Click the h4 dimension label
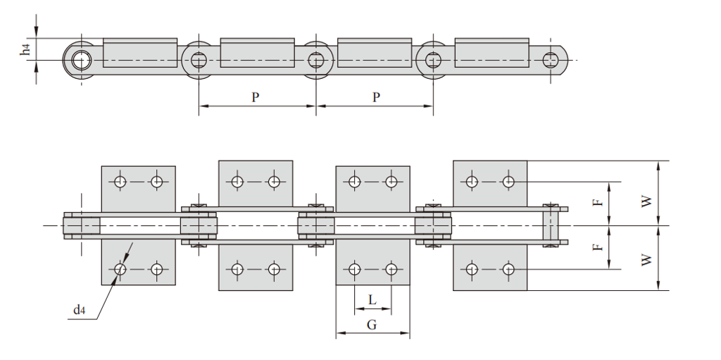(26, 49)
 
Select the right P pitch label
(376, 97)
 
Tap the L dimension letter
(372, 299)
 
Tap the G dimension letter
(372, 325)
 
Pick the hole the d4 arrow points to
(120, 268)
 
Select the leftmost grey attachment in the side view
(139, 52)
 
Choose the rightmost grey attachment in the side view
(491, 52)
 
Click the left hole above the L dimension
(355, 268)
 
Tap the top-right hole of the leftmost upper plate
(156, 182)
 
